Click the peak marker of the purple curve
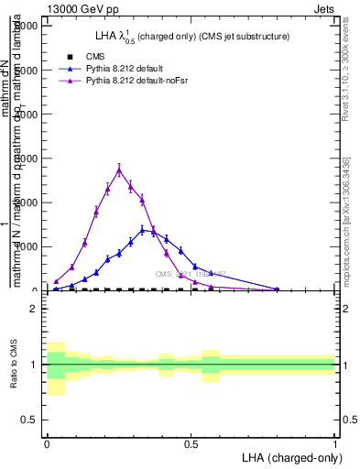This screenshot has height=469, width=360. pyautogui.click(x=119, y=169)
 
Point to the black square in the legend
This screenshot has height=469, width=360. pyautogui.click(x=70, y=57)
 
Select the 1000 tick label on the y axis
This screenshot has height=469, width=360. pyautogui.click(x=28, y=246)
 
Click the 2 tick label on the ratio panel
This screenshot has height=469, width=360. pyautogui.click(x=33, y=309)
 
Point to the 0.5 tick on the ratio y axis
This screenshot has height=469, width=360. pyautogui.click(x=29, y=420)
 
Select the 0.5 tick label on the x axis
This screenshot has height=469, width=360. pyautogui.click(x=191, y=443)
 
